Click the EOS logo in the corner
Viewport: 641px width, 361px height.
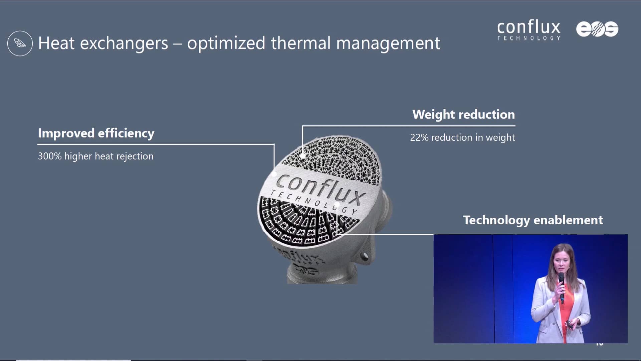(x=597, y=29)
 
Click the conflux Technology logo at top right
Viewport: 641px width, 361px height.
(x=529, y=30)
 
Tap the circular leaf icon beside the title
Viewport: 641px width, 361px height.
(x=20, y=43)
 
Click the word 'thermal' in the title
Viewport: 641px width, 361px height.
(x=301, y=43)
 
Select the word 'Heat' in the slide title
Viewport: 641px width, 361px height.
(x=56, y=43)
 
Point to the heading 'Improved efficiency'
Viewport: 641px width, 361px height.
(x=96, y=133)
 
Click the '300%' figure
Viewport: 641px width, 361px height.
(x=50, y=156)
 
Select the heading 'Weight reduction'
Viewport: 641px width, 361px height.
(x=463, y=114)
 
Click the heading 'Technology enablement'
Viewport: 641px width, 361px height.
(x=533, y=220)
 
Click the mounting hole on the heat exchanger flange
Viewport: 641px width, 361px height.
(x=364, y=257)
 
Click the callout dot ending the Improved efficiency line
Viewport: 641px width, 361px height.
(x=274, y=173)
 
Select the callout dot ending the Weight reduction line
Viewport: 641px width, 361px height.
(x=303, y=156)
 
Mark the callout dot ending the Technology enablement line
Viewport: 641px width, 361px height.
(x=337, y=204)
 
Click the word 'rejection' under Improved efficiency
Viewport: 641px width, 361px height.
(x=135, y=156)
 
